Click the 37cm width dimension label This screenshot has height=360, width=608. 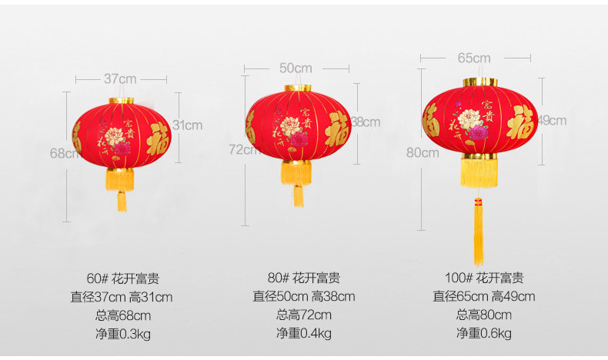pyautogui.click(x=120, y=78)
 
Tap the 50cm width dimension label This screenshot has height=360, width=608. pyautogui.click(x=296, y=68)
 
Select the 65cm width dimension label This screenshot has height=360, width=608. pyautogui.click(x=474, y=58)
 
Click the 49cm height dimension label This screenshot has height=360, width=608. pyautogui.click(x=552, y=120)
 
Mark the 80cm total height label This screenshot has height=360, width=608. pyautogui.click(x=423, y=152)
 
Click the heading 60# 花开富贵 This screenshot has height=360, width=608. pyautogui.click(x=123, y=278)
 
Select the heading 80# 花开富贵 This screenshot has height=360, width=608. pyautogui.click(x=304, y=278)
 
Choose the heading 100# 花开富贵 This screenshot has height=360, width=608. pyautogui.click(x=483, y=278)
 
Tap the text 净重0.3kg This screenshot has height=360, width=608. pyautogui.click(x=123, y=333)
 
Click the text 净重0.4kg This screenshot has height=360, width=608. pyautogui.click(x=304, y=333)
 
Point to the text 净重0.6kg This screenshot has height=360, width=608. pyautogui.click(x=483, y=333)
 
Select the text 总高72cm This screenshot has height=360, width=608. pyautogui.click(x=304, y=315)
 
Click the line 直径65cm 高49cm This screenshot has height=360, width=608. pyautogui.click(x=483, y=296)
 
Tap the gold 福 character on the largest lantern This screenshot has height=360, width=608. pyautogui.click(x=520, y=122)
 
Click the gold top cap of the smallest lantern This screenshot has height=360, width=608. pyautogui.click(x=122, y=100)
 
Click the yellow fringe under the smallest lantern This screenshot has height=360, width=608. pyautogui.click(x=120, y=180)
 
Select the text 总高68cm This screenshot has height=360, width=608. pyautogui.click(x=123, y=315)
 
